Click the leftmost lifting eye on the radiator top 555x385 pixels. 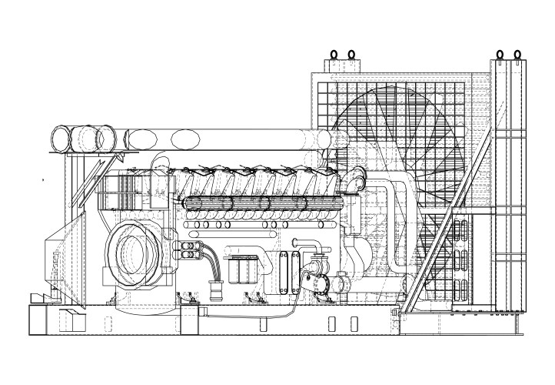pos(334,55)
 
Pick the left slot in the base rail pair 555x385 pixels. pos(331,323)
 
